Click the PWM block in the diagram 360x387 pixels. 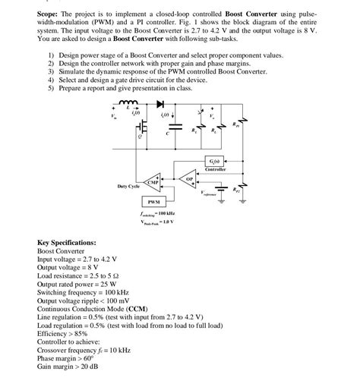[152, 202]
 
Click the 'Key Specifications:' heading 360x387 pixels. [67, 242]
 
